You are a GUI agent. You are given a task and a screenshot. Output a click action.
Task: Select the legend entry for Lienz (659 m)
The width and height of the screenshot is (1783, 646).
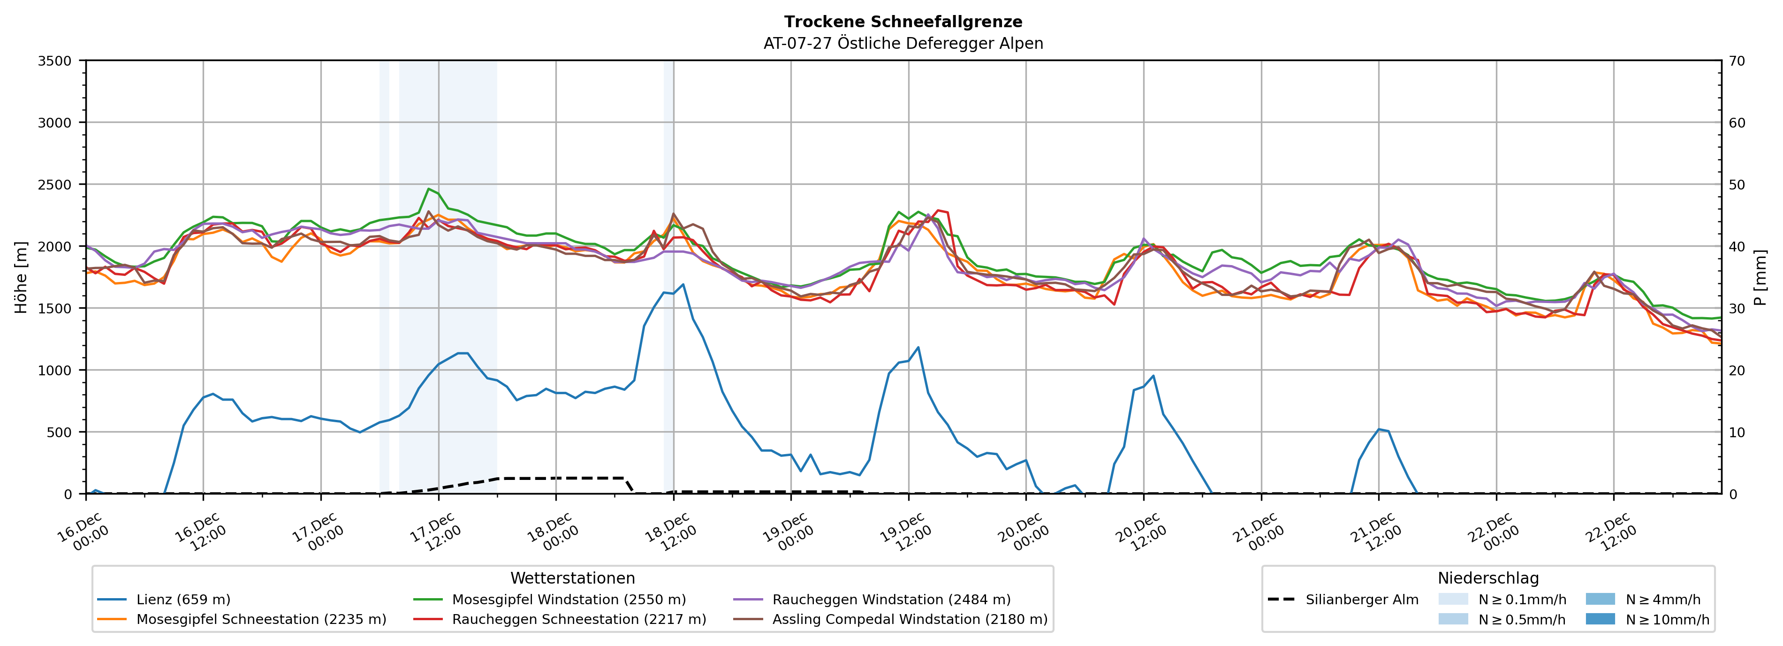point(183,600)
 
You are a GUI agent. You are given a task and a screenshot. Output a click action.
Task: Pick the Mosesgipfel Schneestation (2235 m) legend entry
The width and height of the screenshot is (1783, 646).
point(261,619)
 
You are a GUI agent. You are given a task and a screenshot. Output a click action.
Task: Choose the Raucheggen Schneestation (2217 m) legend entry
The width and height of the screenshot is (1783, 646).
point(579,619)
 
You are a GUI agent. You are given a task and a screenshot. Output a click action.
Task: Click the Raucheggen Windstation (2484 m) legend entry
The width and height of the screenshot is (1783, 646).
point(891,600)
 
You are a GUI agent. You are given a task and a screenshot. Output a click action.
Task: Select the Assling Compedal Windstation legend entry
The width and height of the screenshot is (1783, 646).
point(910,619)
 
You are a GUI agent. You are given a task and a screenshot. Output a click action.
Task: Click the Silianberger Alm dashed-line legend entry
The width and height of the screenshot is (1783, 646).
point(1361,600)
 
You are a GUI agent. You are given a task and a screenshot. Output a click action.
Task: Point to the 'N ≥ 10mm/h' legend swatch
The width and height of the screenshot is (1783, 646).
point(1600,619)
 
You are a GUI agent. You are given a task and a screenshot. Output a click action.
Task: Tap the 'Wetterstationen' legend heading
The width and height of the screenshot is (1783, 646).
point(572,578)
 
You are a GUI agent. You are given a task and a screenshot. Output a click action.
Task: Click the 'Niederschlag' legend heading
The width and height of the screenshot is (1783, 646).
point(1488,578)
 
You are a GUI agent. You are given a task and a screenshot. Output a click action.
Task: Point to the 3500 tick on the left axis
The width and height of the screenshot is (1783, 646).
point(55,61)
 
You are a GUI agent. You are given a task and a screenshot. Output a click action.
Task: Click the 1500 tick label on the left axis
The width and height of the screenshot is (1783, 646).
point(55,309)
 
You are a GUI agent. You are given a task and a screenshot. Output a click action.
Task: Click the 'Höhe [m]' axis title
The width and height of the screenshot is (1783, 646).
point(22,277)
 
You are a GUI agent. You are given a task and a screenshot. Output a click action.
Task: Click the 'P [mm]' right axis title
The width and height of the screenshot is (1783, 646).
point(1760,277)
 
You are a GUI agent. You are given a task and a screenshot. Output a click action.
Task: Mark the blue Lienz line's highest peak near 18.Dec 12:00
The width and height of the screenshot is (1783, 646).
point(683,284)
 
